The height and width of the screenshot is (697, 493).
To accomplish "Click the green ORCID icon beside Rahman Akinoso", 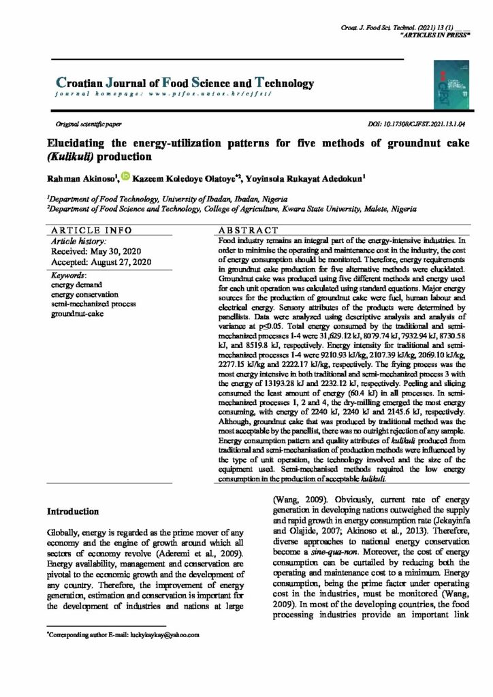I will coord(125,177).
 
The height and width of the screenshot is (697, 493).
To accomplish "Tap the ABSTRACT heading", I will coord(248,231).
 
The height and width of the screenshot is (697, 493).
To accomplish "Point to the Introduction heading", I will coord(77,510).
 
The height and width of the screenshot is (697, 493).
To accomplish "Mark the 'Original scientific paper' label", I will coord(88,126).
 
